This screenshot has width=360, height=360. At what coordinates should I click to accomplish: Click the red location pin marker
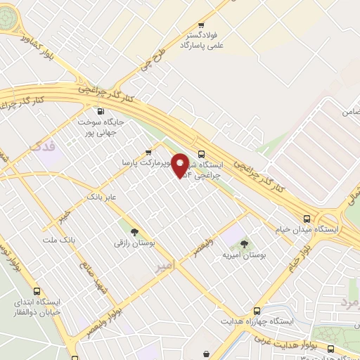181,166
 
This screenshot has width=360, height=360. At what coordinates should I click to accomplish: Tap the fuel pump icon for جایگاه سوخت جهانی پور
99,111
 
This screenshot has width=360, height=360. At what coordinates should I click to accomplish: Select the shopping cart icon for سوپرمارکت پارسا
148,152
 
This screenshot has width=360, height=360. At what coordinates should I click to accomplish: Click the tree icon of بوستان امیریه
244,244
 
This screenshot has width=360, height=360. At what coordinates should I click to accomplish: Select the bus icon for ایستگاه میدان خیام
307,218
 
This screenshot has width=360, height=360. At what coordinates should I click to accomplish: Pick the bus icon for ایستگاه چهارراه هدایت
256,309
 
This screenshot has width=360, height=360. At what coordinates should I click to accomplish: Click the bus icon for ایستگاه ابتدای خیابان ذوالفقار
37,291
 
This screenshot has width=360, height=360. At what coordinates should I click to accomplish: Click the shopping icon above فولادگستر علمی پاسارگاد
202,23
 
